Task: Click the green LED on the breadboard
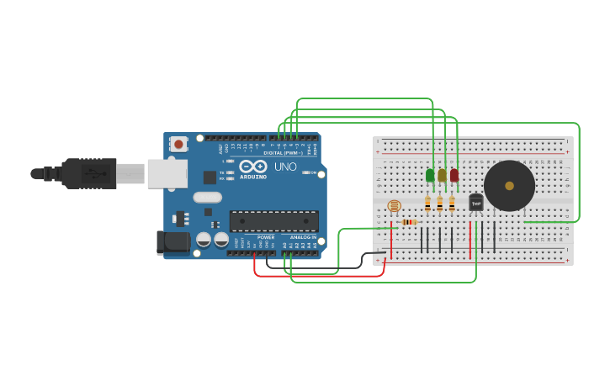pyautogui.click(x=430, y=176)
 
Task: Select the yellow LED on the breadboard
pyautogui.click(x=442, y=176)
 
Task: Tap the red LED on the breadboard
pyautogui.click(x=454, y=176)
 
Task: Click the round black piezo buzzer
pyautogui.click(x=509, y=186)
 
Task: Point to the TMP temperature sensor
pyautogui.click(x=476, y=203)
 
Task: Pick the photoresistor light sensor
pyautogui.click(x=394, y=205)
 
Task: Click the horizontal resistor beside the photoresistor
pyautogui.click(x=408, y=222)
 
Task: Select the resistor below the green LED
pyautogui.click(x=427, y=204)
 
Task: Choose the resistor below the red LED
pyautogui.click(x=452, y=204)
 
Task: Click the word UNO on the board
pyautogui.click(x=285, y=167)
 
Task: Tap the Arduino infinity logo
pyautogui.click(x=253, y=167)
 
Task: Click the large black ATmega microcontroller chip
pyautogui.click(x=273, y=221)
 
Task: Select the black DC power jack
pyautogui.click(x=173, y=242)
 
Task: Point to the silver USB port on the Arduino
pyautogui.click(x=167, y=173)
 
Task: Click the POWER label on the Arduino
pyautogui.click(x=266, y=237)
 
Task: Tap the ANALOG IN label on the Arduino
pyautogui.click(x=303, y=237)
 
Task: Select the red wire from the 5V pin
pyautogui.click(x=320, y=275)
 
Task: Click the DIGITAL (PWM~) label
pyautogui.click(x=283, y=153)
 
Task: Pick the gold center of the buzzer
pyautogui.click(x=509, y=186)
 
